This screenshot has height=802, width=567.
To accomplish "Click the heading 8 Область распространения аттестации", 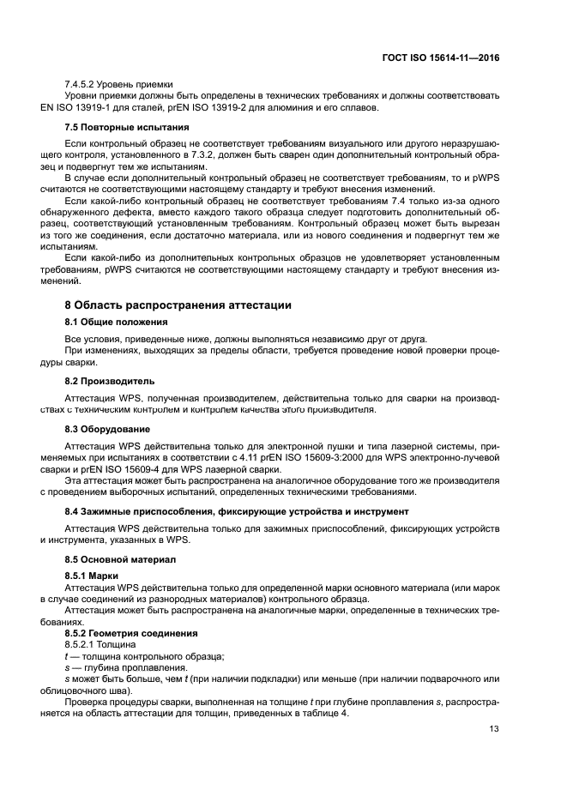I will click(178, 305).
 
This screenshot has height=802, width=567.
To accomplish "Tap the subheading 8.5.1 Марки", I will click(92, 576).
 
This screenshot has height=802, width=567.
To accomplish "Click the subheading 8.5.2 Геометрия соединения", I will click(131, 633).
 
